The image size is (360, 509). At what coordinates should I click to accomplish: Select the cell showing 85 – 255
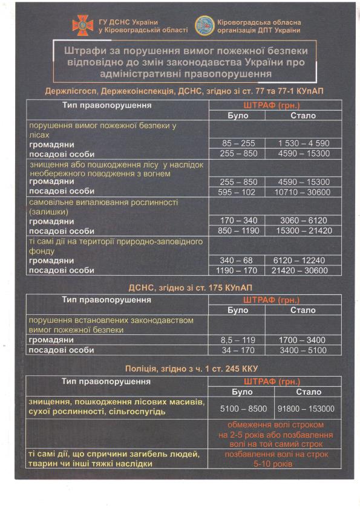click(x=238, y=143)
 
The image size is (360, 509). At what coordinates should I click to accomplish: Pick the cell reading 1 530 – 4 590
click(x=304, y=143)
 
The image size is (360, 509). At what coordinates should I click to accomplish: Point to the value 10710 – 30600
click(x=304, y=192)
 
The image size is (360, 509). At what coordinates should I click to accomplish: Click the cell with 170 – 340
click(x=238, y=221)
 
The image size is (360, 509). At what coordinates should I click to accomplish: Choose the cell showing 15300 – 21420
click(x=304, y=231)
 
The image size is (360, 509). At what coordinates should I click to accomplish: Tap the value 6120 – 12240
click(x=304, y=260)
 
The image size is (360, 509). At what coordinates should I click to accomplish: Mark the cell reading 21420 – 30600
click(x=304, y=270)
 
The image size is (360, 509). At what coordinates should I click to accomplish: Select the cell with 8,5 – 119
click(x=238, y=340)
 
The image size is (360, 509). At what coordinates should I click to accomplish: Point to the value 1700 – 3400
click(x=304, y=340)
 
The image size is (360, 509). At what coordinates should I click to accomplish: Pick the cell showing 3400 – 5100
click(x=304, y=350)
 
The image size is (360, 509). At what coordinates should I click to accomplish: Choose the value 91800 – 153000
click(x=304, y=408)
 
